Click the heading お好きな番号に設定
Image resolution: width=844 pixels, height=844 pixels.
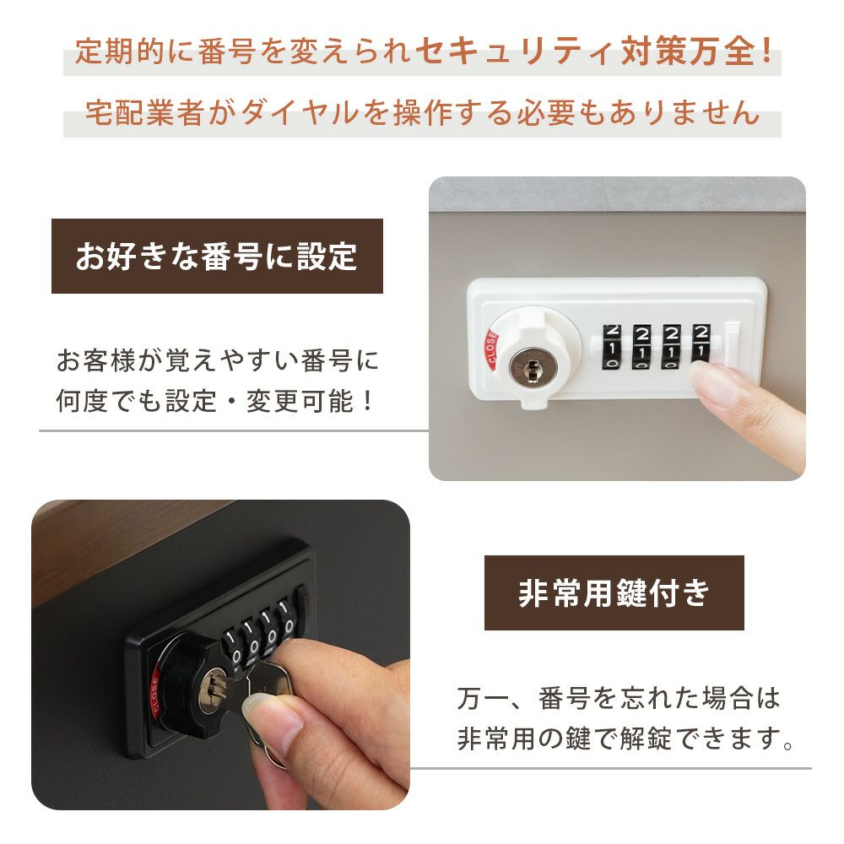[x=216, y=257]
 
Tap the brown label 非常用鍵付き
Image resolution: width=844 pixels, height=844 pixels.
[x=614, y=592]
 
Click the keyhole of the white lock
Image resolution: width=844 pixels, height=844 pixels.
[x=533, y=369]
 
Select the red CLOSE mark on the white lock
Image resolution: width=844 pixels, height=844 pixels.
[x=491, y=349]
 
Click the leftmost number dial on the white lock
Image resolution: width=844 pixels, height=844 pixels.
[x=611, y=347]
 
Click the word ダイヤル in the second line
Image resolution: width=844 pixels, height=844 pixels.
[x=300, y=113]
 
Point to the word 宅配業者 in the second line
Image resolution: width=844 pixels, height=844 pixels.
[x=144, y=113]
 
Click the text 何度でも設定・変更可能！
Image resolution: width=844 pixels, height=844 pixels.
[x=215, y=401]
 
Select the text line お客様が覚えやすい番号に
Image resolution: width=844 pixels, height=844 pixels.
[x=218, y=360]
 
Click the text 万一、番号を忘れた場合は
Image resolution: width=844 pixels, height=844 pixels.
[x=619, y=698]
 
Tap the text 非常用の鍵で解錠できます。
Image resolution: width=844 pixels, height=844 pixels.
[x=625, y=738]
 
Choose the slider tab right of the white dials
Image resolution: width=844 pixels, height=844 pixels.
[x=733, y=344]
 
